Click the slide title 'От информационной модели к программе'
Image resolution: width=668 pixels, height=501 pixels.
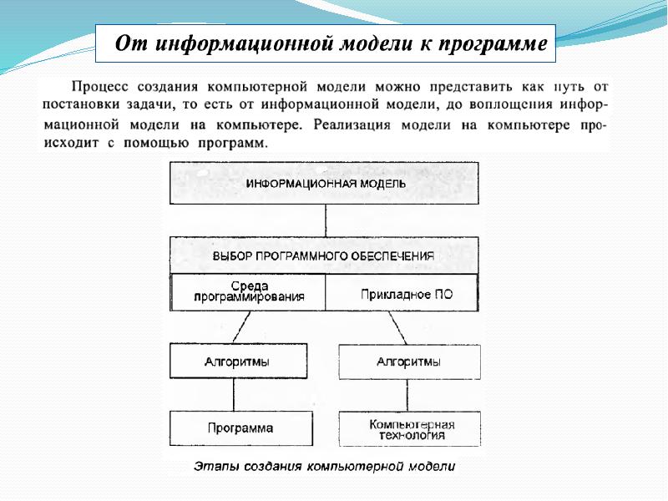(326, 43)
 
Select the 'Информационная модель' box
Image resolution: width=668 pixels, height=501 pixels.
(325, 183)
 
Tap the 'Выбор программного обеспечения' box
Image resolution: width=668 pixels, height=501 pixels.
(325, 256)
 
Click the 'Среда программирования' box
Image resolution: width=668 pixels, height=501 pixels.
(248, 291)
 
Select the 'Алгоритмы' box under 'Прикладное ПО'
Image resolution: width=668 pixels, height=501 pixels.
(409, 362)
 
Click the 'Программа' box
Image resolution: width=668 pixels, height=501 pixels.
(240, 428)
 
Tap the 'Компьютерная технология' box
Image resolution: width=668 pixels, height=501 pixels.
(409, 428)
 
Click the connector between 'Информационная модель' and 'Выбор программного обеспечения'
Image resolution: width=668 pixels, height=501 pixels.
(326, 220)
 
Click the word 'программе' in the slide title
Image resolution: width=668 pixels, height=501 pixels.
(496, 43)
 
